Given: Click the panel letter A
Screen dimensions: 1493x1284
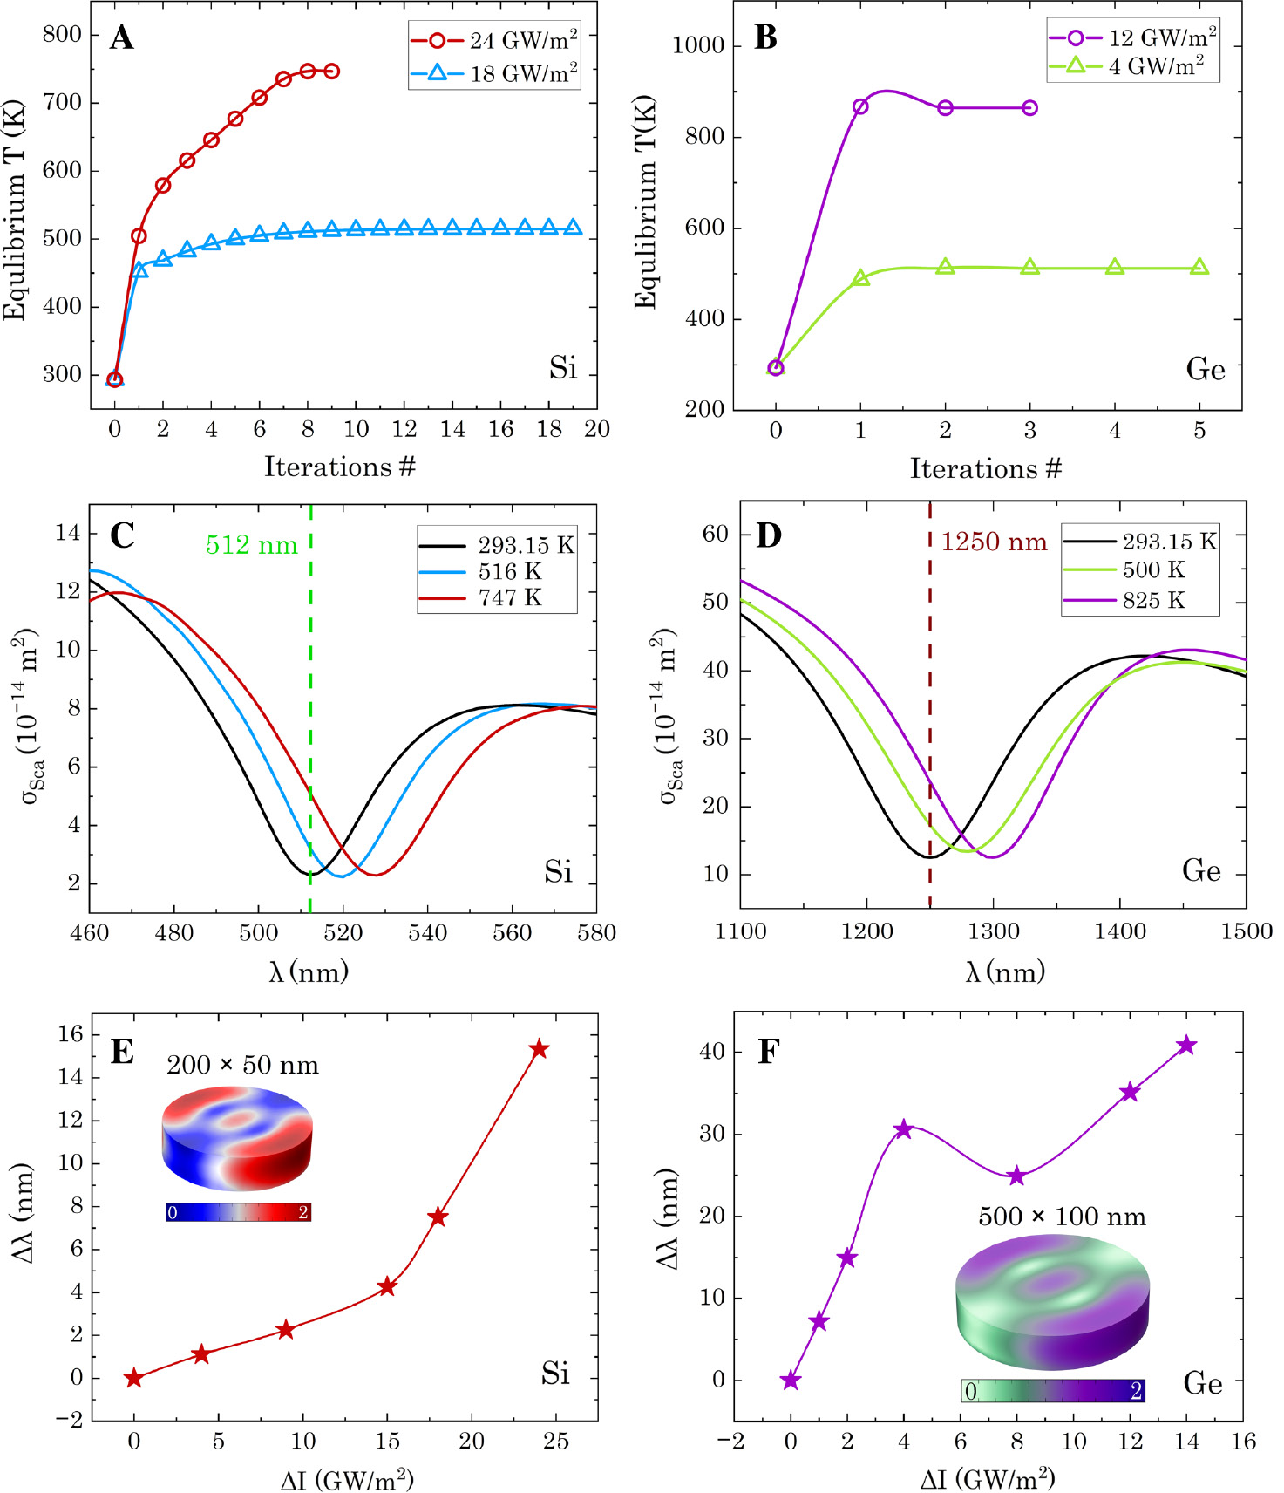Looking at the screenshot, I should (122, 37).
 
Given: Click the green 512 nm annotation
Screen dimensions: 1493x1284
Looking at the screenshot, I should (251, 545).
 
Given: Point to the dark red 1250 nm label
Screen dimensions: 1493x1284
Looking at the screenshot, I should (994, 542).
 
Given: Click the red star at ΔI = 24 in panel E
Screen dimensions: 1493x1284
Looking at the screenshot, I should (539, 1048).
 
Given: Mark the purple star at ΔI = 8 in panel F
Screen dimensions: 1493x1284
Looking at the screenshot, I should (1016, 1176).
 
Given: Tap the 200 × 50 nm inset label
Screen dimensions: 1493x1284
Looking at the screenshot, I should (242, 1065).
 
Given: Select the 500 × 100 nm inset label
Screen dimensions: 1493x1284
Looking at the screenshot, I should (1062, 1217).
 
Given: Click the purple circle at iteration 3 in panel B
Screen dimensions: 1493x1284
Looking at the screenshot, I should (1029, 108).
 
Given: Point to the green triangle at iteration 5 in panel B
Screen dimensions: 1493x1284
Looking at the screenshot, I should (1199, 267).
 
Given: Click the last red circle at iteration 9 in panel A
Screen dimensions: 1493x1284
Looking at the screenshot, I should (331, 72).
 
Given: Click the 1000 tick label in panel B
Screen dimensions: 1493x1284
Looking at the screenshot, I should (698, 45).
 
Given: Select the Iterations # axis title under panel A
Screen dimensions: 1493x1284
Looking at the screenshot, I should (340, 467).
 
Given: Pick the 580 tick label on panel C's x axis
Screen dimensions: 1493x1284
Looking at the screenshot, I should (596, 933).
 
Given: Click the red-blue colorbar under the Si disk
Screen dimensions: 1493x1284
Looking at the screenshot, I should (238, 1212).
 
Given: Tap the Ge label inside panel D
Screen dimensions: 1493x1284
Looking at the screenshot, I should (1201, 870).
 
